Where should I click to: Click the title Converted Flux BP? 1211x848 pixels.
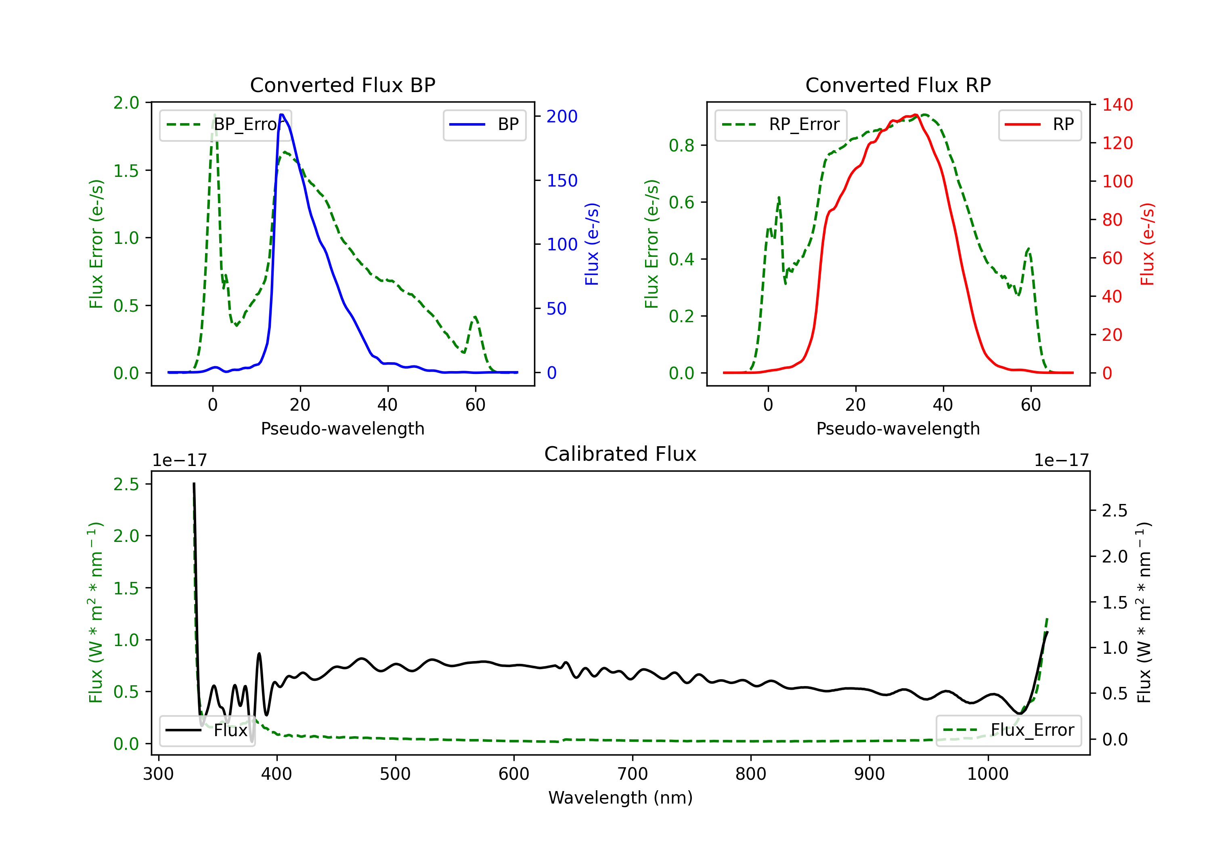(x=342, y=85)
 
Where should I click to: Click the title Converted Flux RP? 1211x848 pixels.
(x=898, y=85)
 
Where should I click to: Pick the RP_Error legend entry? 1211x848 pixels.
(x=781, y=124)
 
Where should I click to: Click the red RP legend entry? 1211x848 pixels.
(x=1039, y=124)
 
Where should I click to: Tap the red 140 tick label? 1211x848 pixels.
(x=1117, y=105)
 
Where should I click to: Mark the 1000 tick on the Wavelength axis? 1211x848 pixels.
(x=987, y=774)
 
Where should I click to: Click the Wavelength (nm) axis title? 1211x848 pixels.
(x=620, y=798)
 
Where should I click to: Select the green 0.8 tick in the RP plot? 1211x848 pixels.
(x=681, y=145)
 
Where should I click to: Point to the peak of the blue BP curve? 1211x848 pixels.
(x=282, y=115)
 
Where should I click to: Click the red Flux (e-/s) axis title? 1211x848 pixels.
(x=1148, y=244)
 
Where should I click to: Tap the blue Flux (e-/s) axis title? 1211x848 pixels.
(x=592, y=244)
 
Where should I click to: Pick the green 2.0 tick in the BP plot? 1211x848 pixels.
(x=126, y=103)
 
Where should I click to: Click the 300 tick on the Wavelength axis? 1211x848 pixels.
(x=158, y=774)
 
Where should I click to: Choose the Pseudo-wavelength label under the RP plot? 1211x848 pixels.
(x=898, y=428)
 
